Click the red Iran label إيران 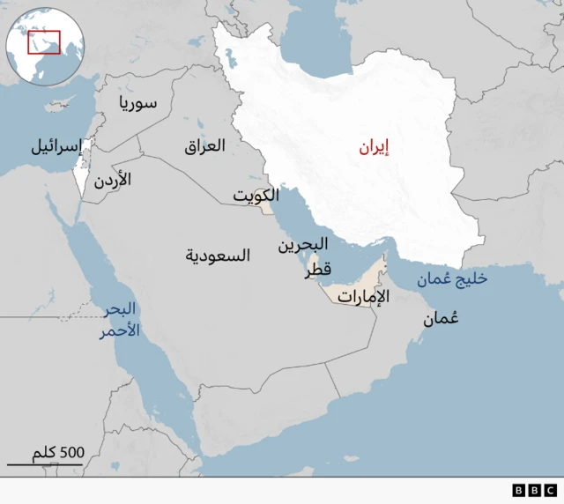click(x=374, y=147)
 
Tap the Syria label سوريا click(x=138, y=103)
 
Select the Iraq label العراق click(x=204, y=145)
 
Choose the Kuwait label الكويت click(x=257, y=195)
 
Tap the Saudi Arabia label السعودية click(x=217, y=255)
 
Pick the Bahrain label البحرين click(x=304, y=244)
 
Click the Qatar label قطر click(x=318, y=272)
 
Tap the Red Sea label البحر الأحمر click(x=121, y=320)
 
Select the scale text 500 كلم click(x=58, y=452)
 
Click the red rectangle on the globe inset click(x=43, y=41)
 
